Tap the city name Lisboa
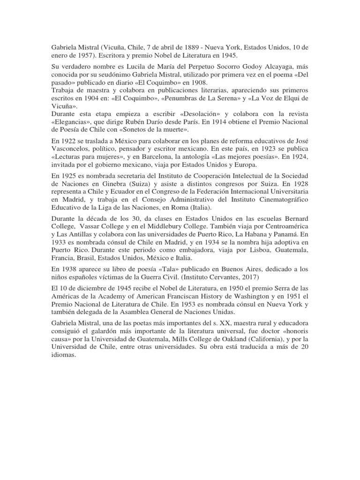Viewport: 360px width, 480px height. click(244, 251)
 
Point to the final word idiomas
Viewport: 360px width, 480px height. click(63, 356)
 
